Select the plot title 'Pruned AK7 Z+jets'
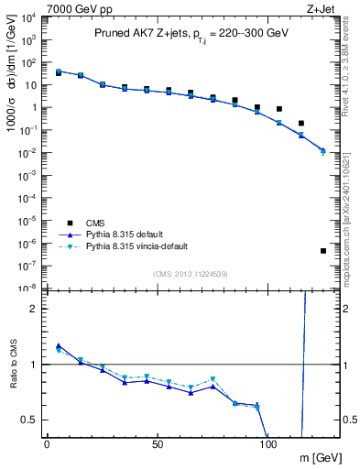tap(138, 34)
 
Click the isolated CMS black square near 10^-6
tap(323, 250)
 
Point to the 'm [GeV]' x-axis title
tap(320, 457)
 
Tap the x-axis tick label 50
tap(158, 443)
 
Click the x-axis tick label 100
tap(268, 443)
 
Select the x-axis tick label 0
tap(47, 443)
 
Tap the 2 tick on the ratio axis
tap(31, 309)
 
